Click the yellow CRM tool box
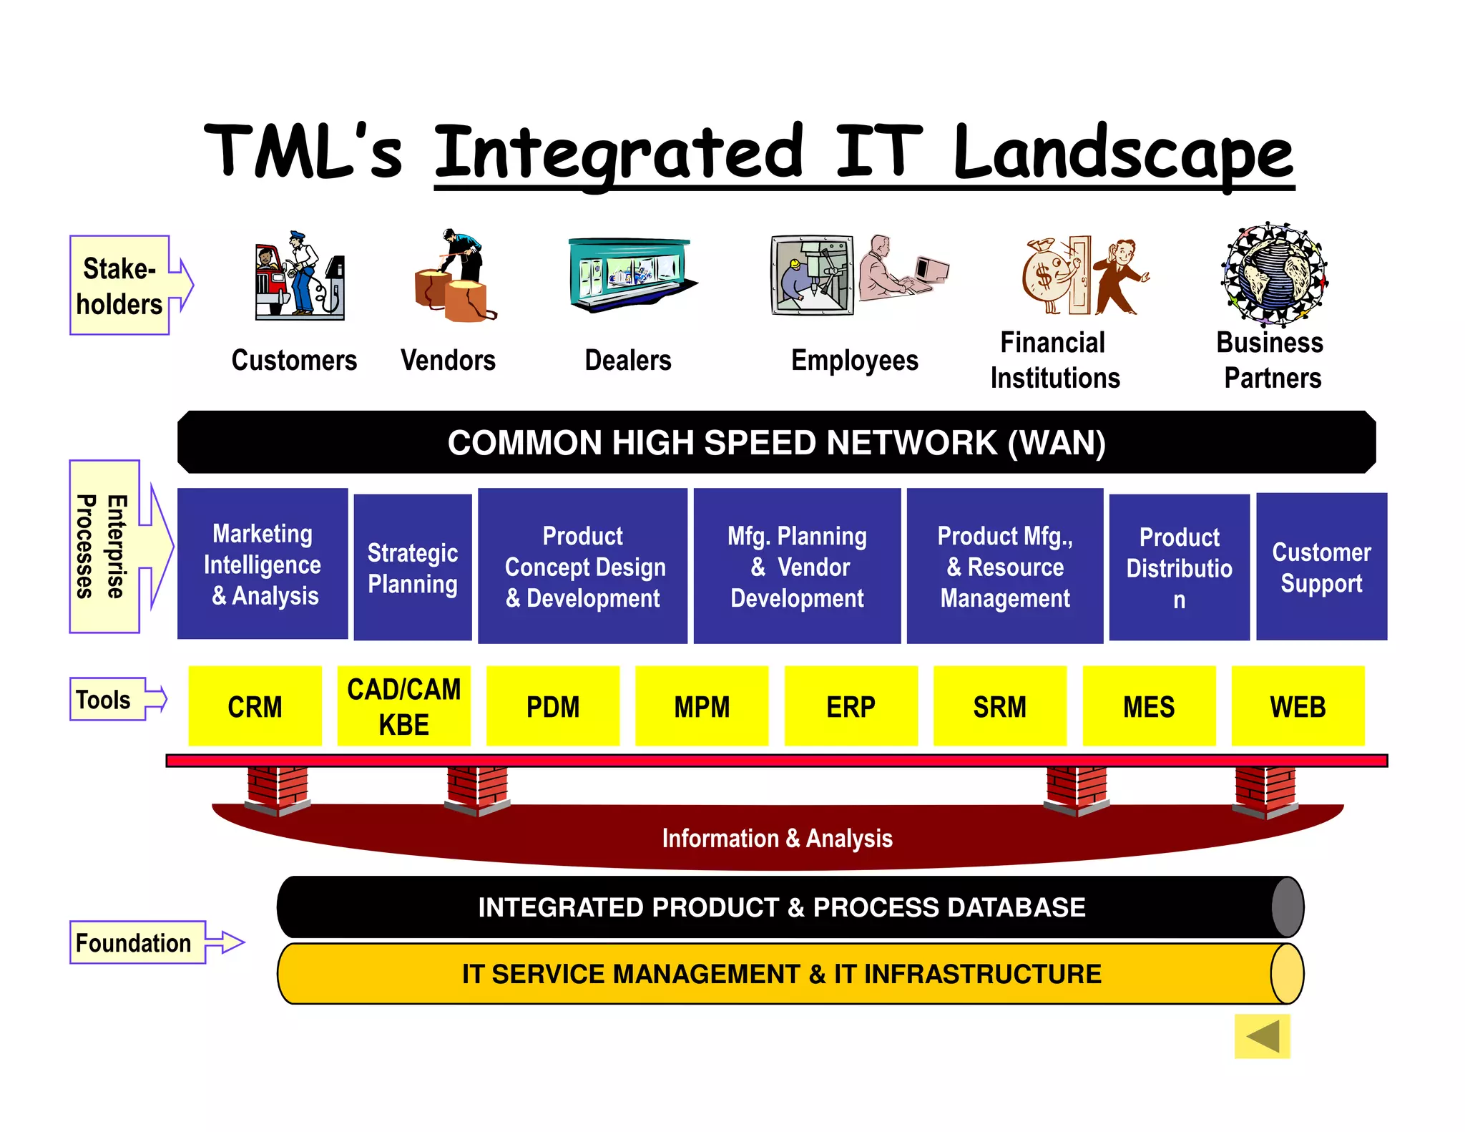click(x=255, y=706)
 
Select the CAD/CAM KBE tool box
click(x=403, y=706)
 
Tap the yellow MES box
click(x=1148, y=706)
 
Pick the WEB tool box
click(x=1298, y=706)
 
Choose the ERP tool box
click(x=851, y=706)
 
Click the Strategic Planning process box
click(x=413, y=567)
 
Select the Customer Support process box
click(x=1321, y=566)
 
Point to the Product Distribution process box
click(x=1179, y=567)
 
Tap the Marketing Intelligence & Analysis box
click(x=263, y=564)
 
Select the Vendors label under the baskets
click(x=448, y=360)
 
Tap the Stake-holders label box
click(x=119, y=286)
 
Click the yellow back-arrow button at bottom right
click(x=1262, y=1035)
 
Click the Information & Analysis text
click(x=777, y=838)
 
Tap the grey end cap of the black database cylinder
click(x=1287, y=907)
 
